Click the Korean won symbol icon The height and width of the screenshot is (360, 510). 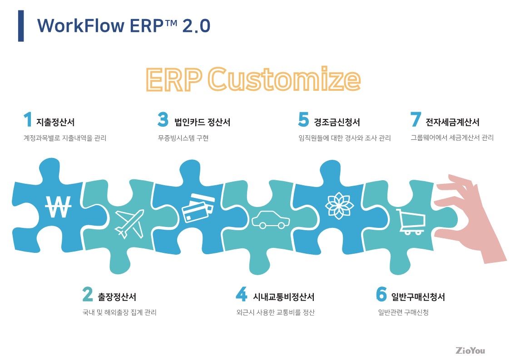[x=58, y=207]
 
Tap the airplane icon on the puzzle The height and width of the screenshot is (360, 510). [x=129, y=224]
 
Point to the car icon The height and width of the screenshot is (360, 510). [x=271, y=220]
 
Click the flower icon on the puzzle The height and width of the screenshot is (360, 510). [x=339, y=206]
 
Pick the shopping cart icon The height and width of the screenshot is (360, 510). [x=411, y=222]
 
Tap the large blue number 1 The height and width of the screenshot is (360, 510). [x=28, y=119]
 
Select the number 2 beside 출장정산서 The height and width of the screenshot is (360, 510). [x=88, y=294]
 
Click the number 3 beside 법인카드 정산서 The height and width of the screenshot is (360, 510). [x=163, y=119]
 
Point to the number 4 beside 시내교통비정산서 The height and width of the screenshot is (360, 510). [x=241, y=294]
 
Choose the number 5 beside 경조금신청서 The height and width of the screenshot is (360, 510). [x=303, y=119]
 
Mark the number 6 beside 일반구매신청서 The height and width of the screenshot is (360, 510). [x=381, y=294]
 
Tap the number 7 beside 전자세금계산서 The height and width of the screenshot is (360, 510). [x=416, y=119]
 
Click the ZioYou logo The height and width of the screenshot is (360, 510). [x=470, y=350]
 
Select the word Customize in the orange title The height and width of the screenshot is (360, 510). [x=284, y=79]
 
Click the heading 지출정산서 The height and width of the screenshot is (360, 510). [x=55, y=122]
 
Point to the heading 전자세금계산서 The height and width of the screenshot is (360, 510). [x=452, y=122]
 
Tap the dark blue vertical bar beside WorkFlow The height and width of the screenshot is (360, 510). [x=21, y=26]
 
